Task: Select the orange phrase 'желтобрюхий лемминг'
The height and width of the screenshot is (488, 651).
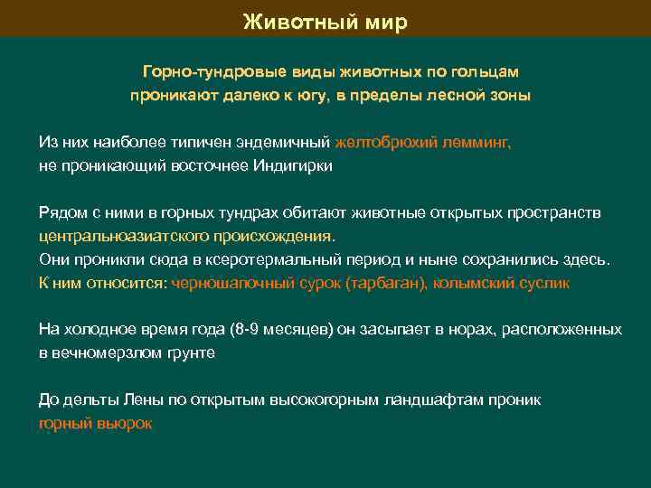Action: (422, 142)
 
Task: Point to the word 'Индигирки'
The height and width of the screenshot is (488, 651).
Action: (293, 165)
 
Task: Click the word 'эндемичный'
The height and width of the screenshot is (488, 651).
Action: (288, 142)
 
